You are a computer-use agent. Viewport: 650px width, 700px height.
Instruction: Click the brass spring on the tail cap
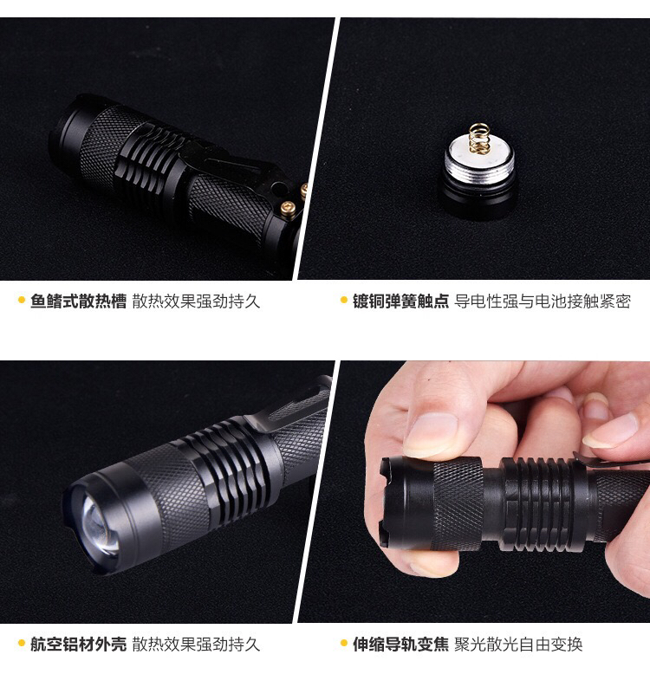(x=479, y=137)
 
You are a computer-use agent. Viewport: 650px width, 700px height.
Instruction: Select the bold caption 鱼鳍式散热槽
(x=78, y=301)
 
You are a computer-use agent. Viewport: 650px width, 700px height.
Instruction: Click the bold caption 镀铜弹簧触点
(x=400, y=301)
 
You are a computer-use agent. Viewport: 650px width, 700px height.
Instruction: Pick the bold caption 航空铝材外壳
(x=78, y=645)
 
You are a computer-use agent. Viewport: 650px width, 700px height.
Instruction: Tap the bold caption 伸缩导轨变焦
(x=400, y=645)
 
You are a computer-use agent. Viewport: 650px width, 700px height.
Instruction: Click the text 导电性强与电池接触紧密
(x=543, y=301)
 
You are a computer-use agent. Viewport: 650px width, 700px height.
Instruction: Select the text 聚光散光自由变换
(x=518, y=645)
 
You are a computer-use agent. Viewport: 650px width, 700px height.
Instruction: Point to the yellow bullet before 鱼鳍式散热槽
(x=21, y=300)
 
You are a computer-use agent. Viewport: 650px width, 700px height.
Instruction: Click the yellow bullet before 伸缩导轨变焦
(x=343, y=643)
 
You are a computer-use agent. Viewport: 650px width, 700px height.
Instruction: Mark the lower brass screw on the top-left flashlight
(x=287, y=208)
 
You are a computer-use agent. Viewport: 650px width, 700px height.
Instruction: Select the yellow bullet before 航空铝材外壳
(x=21, y=643)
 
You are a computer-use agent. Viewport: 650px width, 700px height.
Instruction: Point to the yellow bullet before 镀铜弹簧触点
(x=343, y=300)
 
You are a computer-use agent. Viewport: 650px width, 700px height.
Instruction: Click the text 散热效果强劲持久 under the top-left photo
(x=196, y=301)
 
